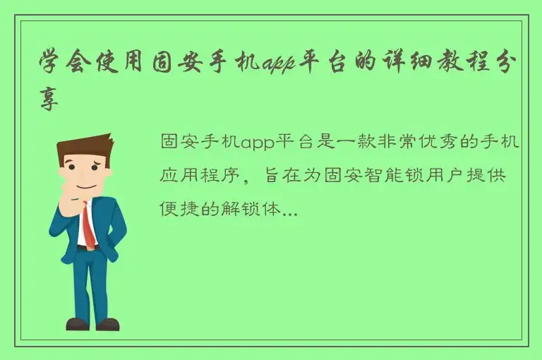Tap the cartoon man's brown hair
83,148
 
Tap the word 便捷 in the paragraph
177,208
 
